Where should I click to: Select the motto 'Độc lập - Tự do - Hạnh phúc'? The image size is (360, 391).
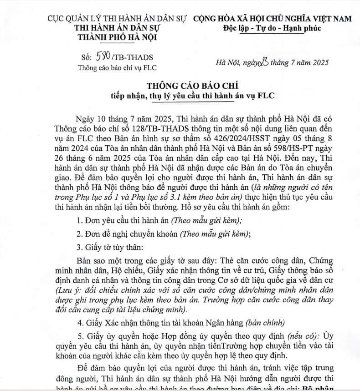[x=273, y=28]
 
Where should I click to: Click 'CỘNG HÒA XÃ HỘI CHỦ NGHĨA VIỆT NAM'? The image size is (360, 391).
[x=273, y=19]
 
